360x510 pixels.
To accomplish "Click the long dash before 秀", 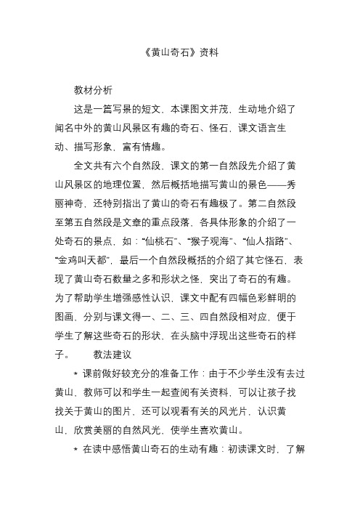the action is (277, 185).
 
